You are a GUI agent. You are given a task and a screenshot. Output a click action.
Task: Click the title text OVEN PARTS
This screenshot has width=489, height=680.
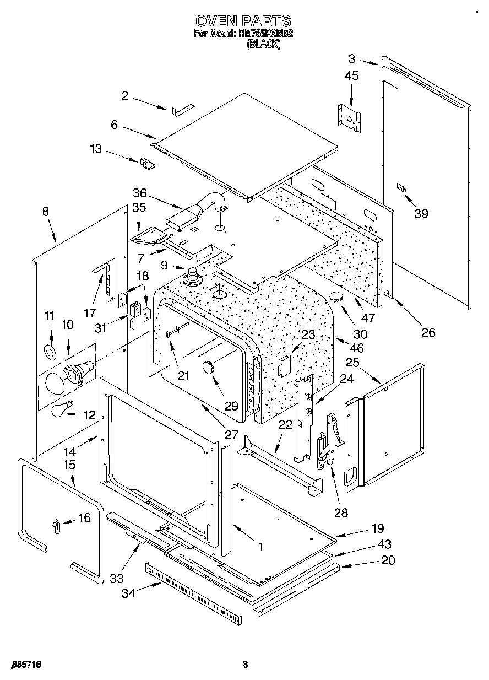pyautogui.click(x=243, y=21)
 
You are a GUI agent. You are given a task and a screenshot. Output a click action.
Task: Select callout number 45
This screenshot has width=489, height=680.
pyautogui.click(x=351, y=75)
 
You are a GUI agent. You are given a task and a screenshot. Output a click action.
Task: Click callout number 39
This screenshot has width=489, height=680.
pyautogui.click(x=421, y=214)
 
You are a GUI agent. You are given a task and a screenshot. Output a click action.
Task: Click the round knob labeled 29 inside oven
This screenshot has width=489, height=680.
pyautogui.click(x=210, y=366)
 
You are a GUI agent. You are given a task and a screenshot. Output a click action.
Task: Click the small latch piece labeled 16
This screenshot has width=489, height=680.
pyautogui.click(x=56, y=526)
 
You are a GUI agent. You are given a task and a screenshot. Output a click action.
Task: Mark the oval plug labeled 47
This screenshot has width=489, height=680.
pyautogui.click(x=336, y=298)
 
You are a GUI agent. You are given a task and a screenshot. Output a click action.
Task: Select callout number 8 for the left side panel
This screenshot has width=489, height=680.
pyautogui.click(x=45, y=211)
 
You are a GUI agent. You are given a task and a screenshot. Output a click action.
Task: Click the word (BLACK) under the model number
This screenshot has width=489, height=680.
pyautogui.click(x=263, y=45)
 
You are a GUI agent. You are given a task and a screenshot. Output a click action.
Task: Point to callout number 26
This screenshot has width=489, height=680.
pyautogui.click(x=428, y=332)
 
